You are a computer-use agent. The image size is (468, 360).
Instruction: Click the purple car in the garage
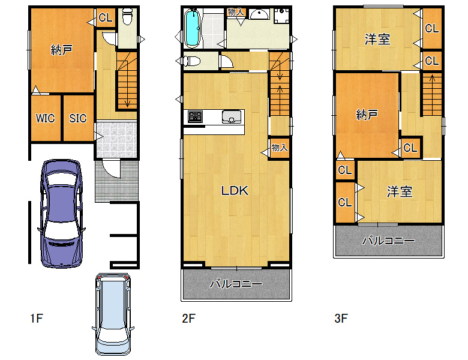61,214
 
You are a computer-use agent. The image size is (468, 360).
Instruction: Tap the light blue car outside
113,313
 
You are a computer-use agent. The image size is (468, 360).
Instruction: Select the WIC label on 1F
46,118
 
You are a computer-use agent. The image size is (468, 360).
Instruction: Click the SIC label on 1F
77,118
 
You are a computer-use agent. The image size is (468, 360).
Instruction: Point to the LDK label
235,190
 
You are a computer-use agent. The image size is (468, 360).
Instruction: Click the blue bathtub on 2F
192,28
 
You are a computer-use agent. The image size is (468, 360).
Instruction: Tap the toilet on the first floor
127,16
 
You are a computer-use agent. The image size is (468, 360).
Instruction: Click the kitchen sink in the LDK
232,116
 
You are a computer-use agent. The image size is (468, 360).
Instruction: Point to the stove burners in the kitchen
195,116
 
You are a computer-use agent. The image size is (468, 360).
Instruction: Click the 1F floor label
37,318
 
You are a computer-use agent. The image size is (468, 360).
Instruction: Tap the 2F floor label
188,318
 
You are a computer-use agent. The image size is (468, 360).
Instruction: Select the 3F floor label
341,318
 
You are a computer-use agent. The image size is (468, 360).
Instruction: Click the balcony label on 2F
236,284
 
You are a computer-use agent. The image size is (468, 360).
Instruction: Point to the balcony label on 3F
388,241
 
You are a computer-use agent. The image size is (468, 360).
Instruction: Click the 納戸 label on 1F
61,50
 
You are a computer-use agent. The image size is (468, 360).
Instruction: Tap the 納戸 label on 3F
367,115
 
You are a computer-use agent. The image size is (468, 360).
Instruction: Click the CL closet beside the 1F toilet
106,17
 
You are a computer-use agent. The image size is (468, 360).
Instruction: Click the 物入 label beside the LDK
280,147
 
